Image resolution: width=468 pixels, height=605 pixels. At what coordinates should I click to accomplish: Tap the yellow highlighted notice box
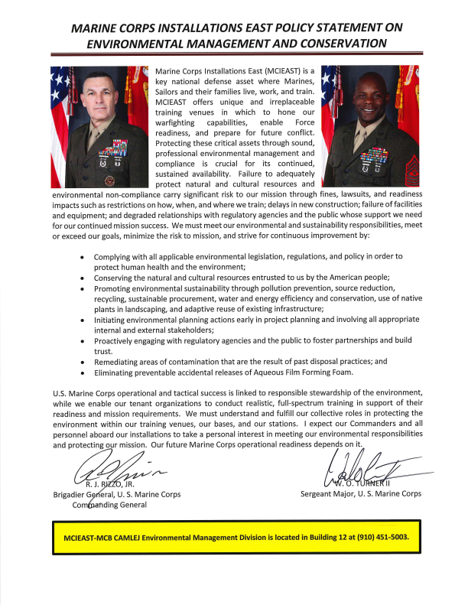click(x=233, y=537)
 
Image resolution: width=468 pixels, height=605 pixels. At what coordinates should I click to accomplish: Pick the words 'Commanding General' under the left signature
click(x=110, y=506)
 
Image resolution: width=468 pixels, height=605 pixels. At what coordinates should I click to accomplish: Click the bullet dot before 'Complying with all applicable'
click(x=83, y=256)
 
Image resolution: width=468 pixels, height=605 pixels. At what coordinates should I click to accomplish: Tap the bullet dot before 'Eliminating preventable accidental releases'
click(x=83, y=372)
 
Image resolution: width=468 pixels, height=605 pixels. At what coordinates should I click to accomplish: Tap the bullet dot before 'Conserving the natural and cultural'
click(x=83, y=278)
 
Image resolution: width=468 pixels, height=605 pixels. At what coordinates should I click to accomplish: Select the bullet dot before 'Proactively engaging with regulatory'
click(x=83, y=340)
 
